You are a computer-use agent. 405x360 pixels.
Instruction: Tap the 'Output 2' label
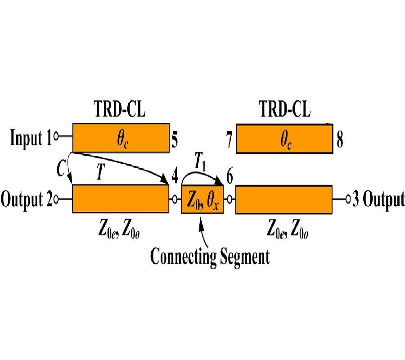click(x=26, y=199)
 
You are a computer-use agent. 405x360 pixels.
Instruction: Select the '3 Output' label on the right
click(x=378, y=199)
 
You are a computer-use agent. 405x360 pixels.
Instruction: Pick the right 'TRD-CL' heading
click(x=285, y=109)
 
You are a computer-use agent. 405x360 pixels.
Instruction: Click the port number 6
click(x=229, y=177)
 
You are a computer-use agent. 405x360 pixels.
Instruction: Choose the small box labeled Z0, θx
click(x=202, y=199)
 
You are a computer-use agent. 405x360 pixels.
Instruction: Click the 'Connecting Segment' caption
click(x=210, y=256)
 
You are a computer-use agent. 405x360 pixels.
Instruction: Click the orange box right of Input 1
click(x=121, y=137)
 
